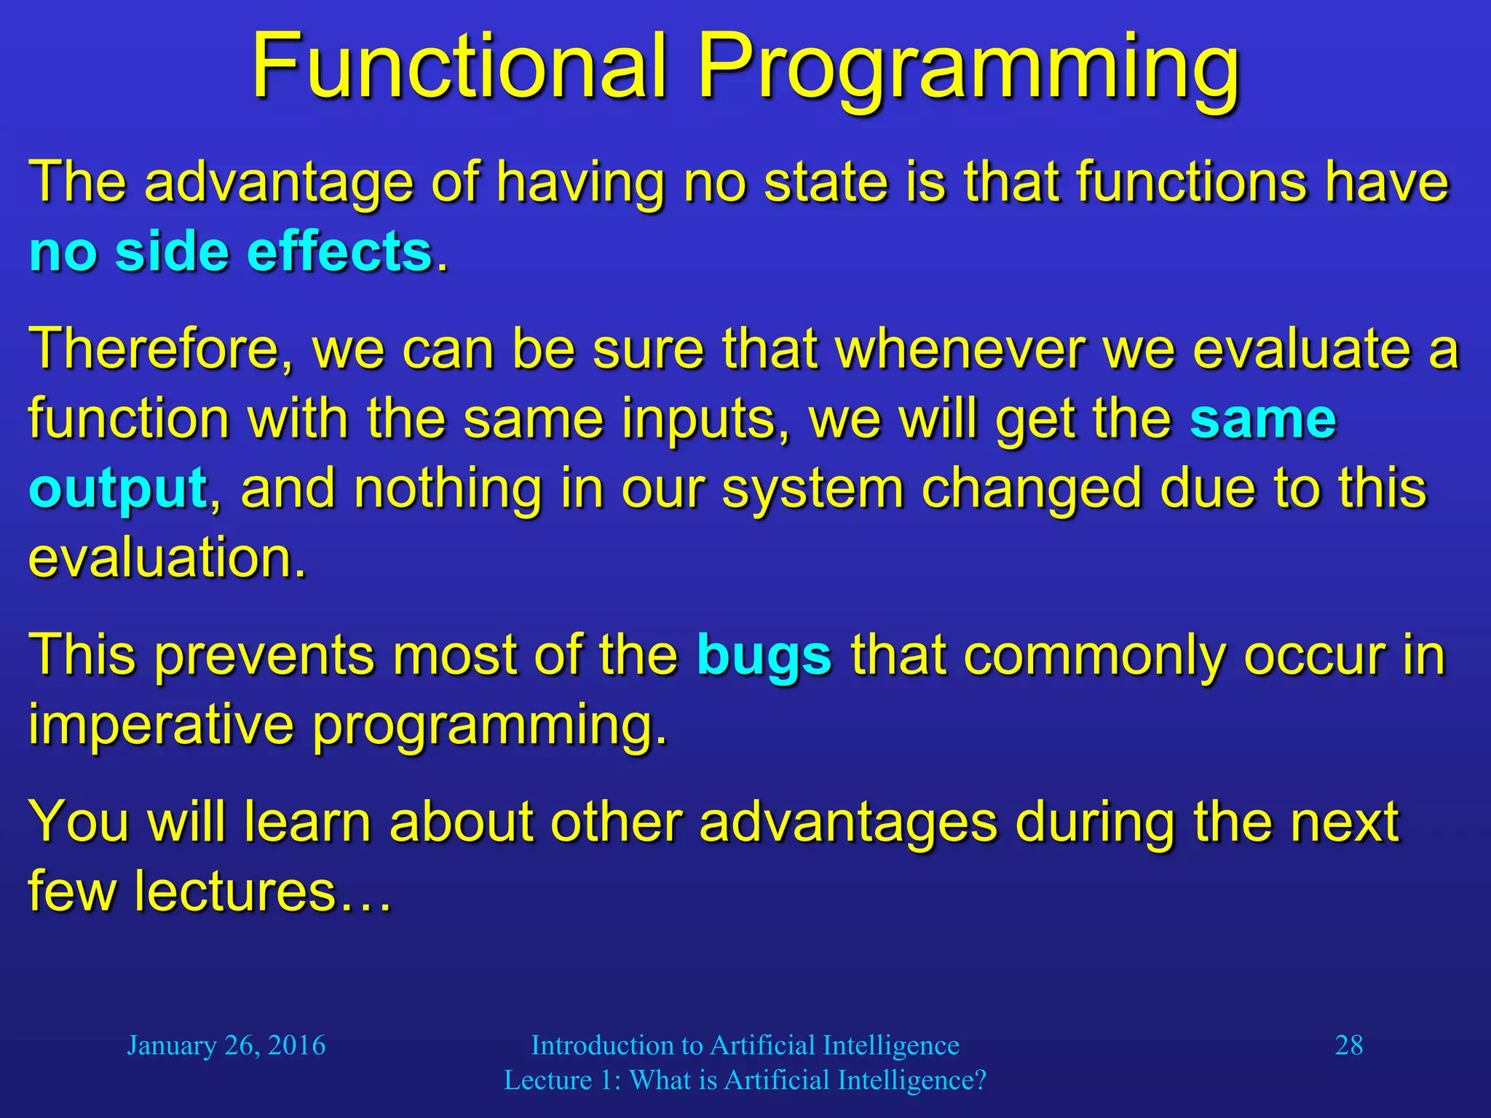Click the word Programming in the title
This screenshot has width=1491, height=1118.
tap(968, 69)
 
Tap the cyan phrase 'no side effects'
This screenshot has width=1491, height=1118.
tap(231, 253)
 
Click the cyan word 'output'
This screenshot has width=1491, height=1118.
tap(118, 490)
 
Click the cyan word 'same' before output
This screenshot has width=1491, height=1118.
tap(1262, 420)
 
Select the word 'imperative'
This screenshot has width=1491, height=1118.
tap(161, 725)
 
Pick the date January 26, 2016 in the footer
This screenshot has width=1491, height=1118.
tap(226, 1046)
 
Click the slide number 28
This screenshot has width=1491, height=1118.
tap(1348, 1046)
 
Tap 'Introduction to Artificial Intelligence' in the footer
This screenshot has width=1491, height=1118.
tap(745, 1046)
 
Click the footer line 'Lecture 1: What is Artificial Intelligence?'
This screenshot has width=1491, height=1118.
tap(745, 1080)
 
